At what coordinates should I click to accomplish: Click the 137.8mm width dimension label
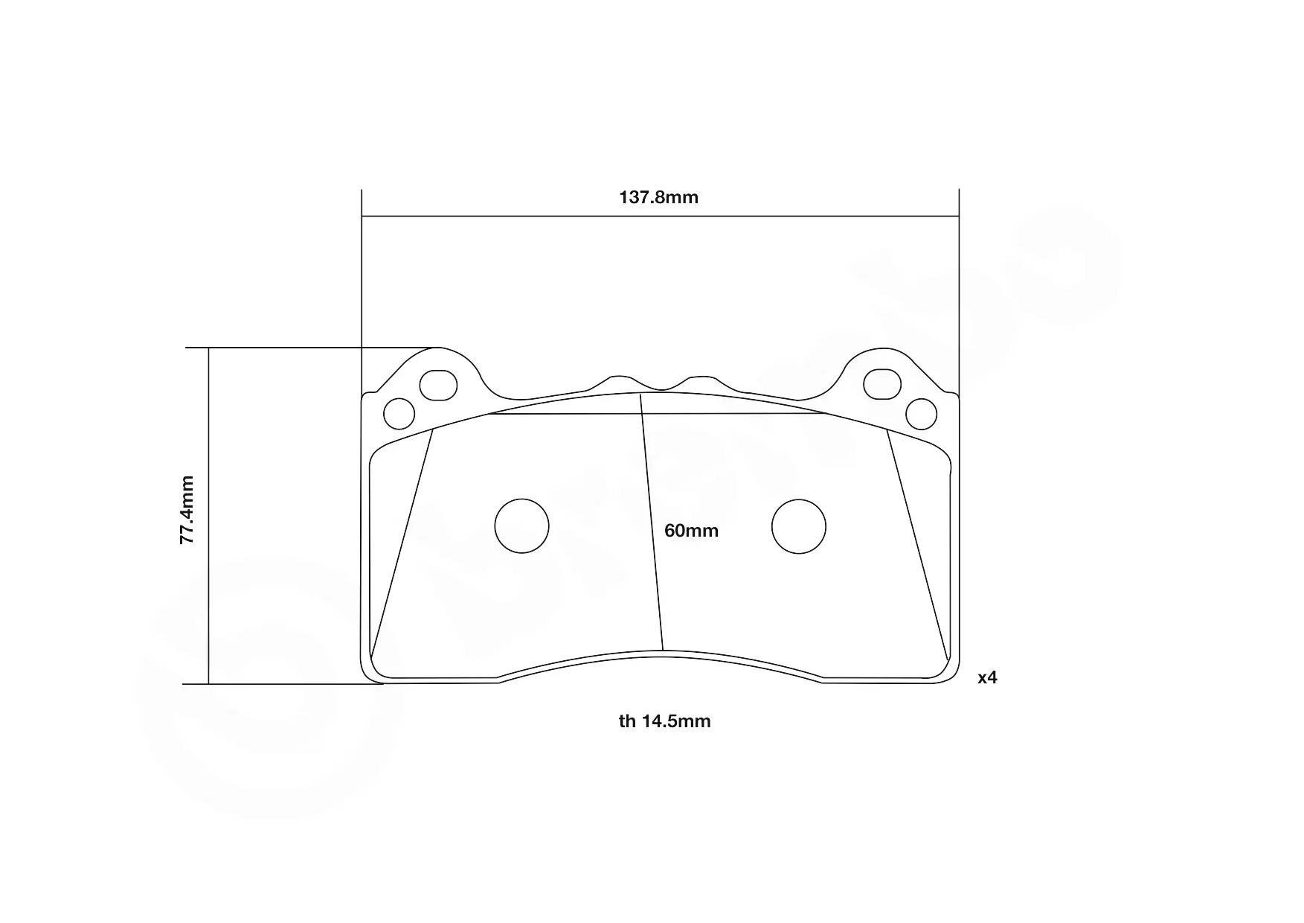(659, 197)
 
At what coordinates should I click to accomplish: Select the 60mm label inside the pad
(691, 531)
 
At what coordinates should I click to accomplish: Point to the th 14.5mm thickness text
(664, 721)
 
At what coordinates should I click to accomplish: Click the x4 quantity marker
(987, 677)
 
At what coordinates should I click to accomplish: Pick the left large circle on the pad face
(521, 526)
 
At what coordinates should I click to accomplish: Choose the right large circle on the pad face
(799, 526)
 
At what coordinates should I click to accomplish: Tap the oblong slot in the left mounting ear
(438, 385)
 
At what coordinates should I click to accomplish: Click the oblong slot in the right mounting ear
(882, 384)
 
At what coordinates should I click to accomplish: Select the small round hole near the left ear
(399, 414)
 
